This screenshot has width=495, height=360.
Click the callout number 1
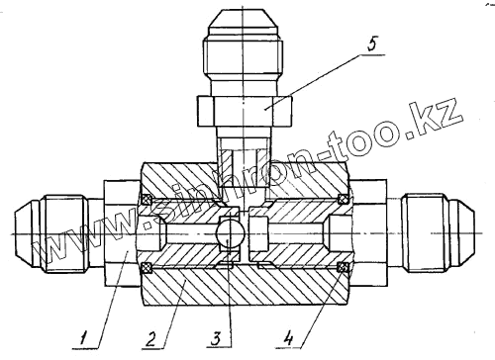84,339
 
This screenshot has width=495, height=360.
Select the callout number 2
150,339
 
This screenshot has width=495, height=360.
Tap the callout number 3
216,339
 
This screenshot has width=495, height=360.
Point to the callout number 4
288,339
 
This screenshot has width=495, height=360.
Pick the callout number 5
371,44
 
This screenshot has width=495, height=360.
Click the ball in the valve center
230,233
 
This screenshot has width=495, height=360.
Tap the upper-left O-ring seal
147,199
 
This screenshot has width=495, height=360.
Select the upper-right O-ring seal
344,199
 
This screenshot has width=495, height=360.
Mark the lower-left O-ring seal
147,268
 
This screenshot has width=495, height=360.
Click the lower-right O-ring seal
344,268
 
